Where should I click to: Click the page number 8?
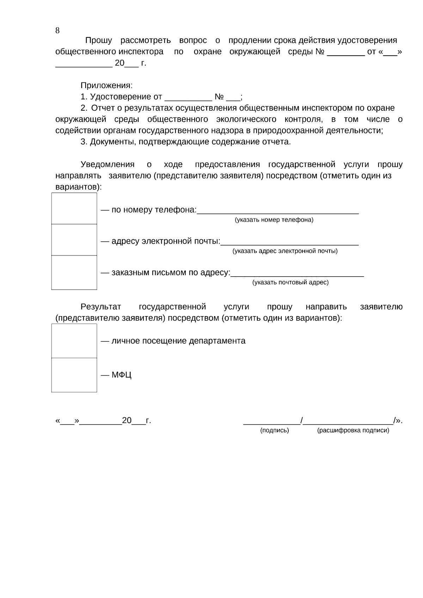[57, 31]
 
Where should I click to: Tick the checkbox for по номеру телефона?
[74, 208]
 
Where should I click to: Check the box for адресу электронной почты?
[74, 240]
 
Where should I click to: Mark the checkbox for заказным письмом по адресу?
[74, 272]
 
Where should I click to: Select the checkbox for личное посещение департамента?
[74, 341]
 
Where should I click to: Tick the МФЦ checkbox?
[74, 375]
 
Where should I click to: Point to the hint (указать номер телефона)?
[274, 220]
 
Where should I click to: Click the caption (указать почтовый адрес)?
[290, 283]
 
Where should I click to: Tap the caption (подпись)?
[274, 430]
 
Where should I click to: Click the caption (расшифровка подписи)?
[353, 430]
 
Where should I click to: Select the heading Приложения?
[106, 86]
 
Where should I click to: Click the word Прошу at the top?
[98, 41]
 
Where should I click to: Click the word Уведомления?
[108, 165]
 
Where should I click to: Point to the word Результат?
[101, 307]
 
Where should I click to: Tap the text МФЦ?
[121, 375]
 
